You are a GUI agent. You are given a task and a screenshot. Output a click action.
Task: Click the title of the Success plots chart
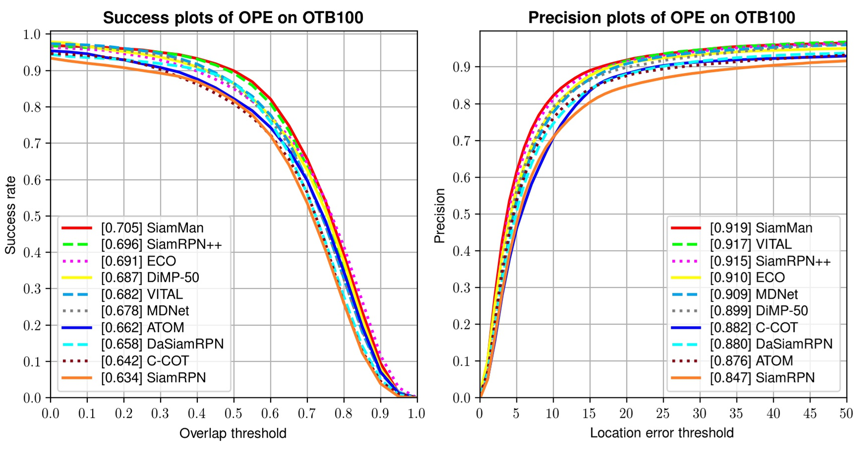(233, 18)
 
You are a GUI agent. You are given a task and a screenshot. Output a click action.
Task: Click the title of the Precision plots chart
(661, 18)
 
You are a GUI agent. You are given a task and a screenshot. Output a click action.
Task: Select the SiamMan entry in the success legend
(152, 228)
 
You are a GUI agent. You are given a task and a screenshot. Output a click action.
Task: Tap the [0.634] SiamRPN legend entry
(153, 378)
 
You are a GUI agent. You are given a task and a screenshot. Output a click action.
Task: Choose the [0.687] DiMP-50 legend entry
(150, 277)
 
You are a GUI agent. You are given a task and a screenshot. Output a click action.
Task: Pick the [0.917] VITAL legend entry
(750, 244)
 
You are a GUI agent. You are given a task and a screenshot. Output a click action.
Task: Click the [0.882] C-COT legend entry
(753, 327)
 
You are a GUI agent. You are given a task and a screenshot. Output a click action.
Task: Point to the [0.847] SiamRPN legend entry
(762, 378)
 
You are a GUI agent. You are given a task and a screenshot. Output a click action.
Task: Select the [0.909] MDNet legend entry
(753, 294)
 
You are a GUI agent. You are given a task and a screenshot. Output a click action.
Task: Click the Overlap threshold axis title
(233, 433)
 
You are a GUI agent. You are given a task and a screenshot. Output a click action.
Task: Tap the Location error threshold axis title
(661, 433)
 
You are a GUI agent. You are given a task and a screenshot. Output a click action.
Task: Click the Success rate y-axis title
(10, 215)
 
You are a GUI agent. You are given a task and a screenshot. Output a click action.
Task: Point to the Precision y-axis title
(439, 215)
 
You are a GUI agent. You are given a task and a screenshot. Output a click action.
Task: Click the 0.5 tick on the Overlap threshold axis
(233, 413)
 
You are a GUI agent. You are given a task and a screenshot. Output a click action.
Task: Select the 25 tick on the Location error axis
(663, 413)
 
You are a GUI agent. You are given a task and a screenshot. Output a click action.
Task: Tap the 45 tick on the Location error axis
(809, 413)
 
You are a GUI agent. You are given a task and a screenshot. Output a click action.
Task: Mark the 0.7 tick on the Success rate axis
(32, 143)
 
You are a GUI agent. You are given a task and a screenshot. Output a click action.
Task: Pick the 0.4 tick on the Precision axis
(461, 251)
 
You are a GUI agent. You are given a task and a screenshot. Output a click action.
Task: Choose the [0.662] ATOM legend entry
(142, 327)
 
